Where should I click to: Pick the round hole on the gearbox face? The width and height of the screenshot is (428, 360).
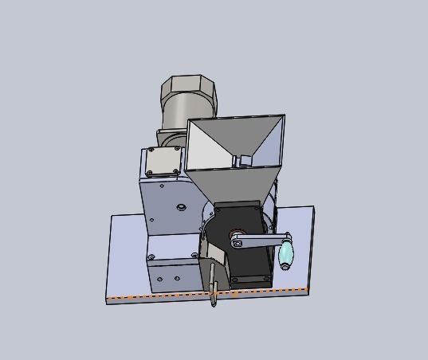(x=181, y=207)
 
